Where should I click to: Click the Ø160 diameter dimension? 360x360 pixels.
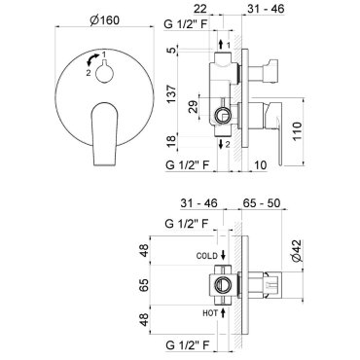(x=105, y=20)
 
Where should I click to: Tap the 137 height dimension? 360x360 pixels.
(x=171, y=94)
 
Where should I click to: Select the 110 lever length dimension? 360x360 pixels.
(x=297, y=131)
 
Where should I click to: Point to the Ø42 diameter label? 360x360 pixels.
(x=297, y=251)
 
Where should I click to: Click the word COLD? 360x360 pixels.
(x=207, y=256)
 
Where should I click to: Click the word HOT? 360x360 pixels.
(x=210, y=313)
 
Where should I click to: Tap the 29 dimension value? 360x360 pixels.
(x=194, y=107)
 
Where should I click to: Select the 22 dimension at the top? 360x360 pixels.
(x=200, y=9)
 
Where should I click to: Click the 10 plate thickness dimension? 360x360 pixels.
(x=260, y=164)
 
